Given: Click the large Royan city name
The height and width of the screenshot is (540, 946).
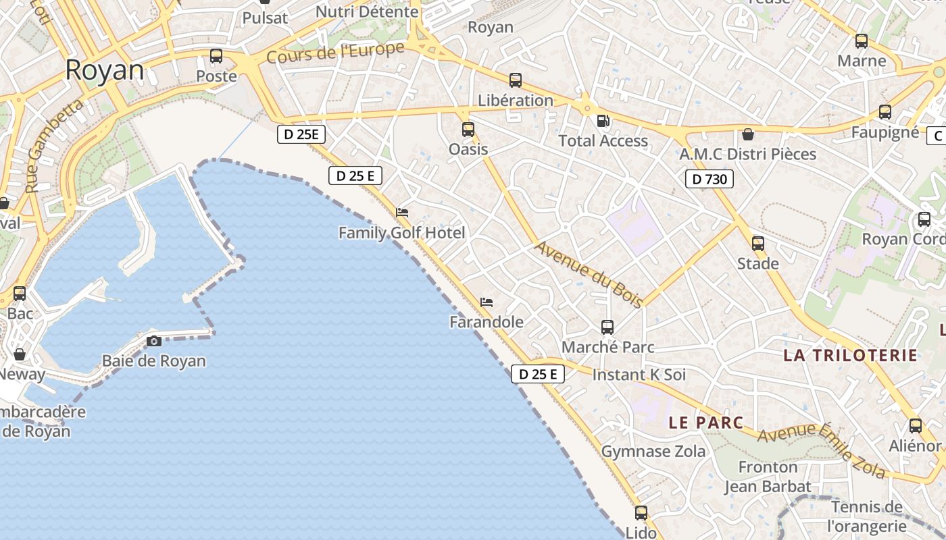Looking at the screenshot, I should coord(105,70).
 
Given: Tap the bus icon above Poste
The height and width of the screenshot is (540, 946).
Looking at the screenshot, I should coord(216,56).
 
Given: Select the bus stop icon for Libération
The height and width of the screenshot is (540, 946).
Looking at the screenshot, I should coord(516,80).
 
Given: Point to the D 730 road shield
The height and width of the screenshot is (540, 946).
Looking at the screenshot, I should coord(709,179).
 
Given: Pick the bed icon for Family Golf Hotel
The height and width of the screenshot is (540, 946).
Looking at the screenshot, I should coord(402,213).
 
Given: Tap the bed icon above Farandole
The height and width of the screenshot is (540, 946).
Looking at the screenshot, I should coord(487,302).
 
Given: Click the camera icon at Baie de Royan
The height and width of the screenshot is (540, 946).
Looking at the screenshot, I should coord(154,341).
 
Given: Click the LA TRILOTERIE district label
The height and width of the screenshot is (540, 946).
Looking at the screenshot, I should coord(851,356).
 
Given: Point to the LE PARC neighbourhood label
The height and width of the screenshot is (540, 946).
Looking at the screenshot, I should coord(706,423).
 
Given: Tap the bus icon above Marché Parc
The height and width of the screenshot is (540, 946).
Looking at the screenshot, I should coord(607,327).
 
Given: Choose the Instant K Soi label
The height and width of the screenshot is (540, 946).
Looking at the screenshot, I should coord(639,375).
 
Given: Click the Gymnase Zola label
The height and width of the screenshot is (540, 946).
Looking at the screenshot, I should coord(653,451).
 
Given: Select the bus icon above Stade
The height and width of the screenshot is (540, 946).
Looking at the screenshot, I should coord(758,244).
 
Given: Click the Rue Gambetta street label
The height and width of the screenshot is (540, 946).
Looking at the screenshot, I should coord(55,144).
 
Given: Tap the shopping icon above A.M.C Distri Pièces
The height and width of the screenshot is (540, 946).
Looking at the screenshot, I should coord(748,134).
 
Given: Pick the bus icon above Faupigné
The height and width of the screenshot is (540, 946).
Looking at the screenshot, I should coord(885,112).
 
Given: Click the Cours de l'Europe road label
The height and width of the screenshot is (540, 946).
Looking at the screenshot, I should coord(335,53).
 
